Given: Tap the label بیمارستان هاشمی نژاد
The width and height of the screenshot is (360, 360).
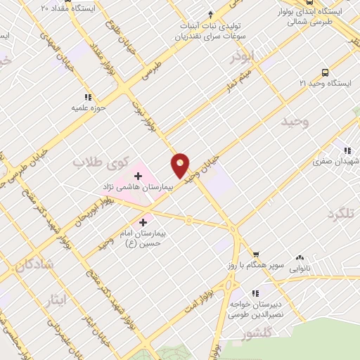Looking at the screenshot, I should pyautogui.click(x=138, y=188).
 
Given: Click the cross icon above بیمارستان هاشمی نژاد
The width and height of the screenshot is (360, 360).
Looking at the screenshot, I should pyautogui.click(x=138, y=174).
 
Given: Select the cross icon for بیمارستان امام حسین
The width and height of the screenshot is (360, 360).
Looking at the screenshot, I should pyautogui.click(x=144, y=222).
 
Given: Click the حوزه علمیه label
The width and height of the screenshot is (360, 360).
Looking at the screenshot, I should pyautogui.click(x=88, y=108).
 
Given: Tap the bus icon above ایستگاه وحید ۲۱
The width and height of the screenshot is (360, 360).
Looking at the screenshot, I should pyautogui.click(x=325, y=72).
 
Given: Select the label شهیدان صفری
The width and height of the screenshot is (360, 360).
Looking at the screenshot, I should pyautogui.click(x=336, y=161).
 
